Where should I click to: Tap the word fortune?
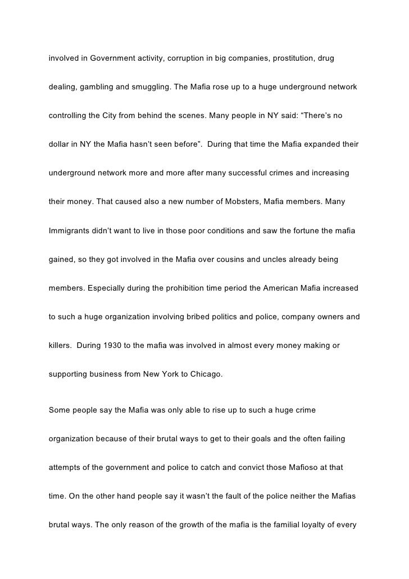click(x=300, y=230)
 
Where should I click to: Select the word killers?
click(x=61, y=346)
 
